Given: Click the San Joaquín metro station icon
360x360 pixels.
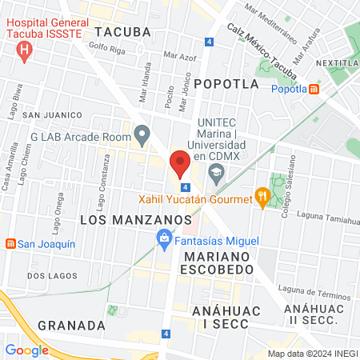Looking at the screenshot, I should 10,243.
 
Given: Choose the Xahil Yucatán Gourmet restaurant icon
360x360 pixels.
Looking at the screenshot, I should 262,196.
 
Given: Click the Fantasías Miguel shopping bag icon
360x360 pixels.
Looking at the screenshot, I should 164,238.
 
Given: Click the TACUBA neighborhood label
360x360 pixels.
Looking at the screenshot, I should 122,32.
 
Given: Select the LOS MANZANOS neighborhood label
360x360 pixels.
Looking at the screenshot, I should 136,218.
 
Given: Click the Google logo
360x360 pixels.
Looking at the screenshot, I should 26,350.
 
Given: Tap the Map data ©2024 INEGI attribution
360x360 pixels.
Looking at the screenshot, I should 310,354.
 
